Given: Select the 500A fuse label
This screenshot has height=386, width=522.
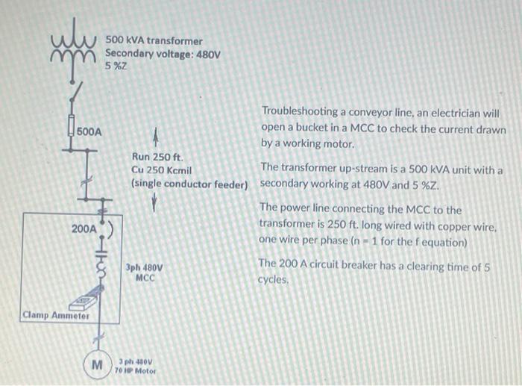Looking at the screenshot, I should pos(89,131).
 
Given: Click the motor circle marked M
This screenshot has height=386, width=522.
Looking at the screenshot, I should pos(96,366).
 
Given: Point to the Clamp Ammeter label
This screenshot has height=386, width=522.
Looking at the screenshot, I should pos(56,316).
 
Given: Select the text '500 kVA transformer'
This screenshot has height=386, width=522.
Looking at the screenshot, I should pos(154,40).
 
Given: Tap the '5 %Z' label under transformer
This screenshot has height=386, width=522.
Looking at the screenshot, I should pos(116,66).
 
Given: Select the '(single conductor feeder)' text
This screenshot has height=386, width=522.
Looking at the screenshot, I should pos(189,183).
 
